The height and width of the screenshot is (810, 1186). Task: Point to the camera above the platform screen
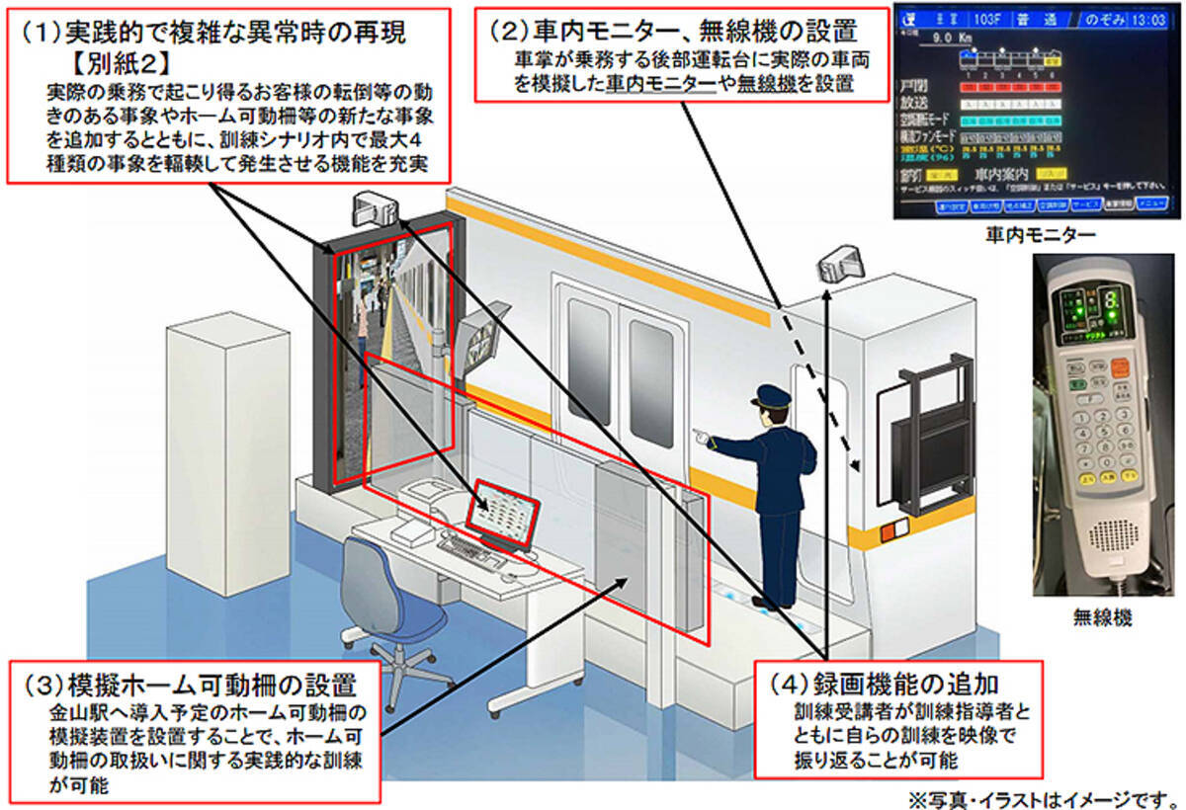(376, 208)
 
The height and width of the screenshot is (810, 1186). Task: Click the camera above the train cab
(836, 264)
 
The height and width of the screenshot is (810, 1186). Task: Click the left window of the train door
(589, 362)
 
